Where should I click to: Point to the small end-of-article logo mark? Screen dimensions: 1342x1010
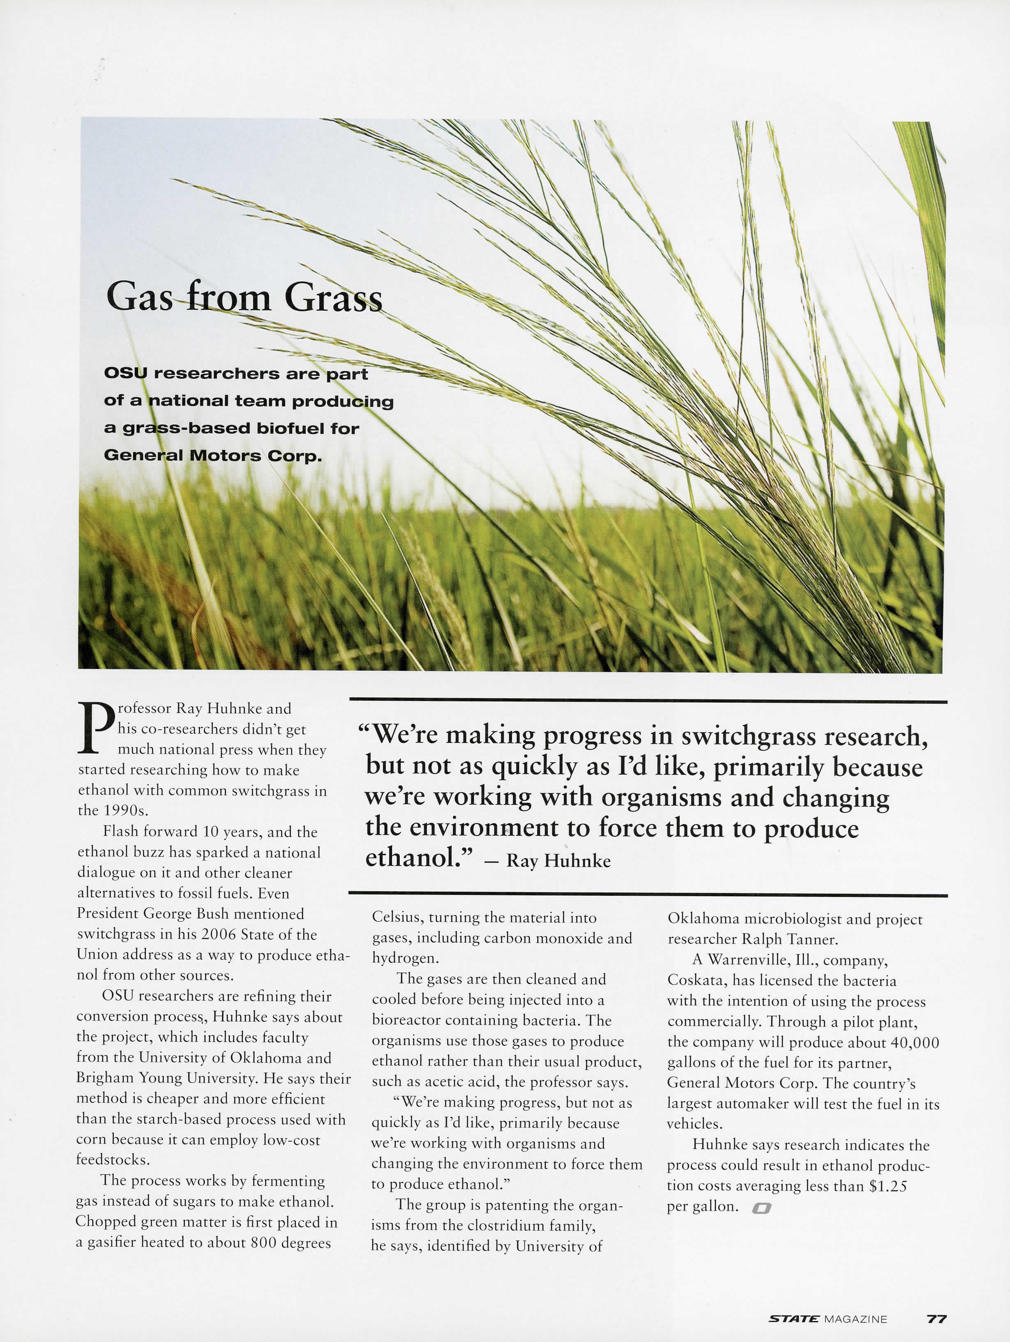(761, 1208)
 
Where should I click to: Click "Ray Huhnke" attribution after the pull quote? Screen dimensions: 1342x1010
(558, 860)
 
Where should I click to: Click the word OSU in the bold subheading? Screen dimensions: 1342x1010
(125, 373)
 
